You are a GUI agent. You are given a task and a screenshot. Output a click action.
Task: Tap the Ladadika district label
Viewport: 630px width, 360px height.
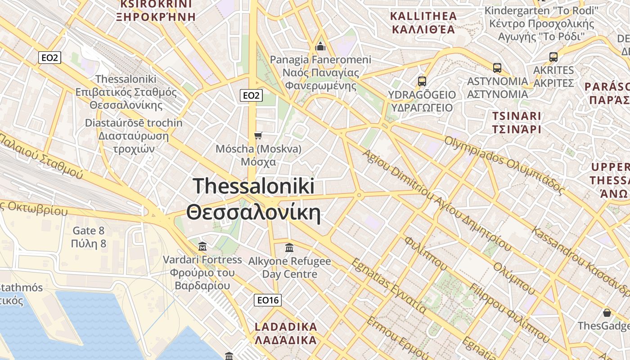(x=286, y=333)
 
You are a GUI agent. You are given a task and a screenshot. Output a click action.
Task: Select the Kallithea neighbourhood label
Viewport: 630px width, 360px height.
(x=423, y=23)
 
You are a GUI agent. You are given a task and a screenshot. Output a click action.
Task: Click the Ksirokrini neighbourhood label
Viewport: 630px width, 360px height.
(x=156, y=10)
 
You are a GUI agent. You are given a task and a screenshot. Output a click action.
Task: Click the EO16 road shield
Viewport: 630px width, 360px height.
(x=268, y=300)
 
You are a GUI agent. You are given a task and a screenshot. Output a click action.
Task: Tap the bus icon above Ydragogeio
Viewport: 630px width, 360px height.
(x=422, y=81)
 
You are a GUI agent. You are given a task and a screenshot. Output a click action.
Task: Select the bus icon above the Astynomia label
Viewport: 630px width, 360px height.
(x=497, y=68)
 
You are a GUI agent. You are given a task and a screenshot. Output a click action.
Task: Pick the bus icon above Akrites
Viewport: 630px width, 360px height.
(x=553, y=57)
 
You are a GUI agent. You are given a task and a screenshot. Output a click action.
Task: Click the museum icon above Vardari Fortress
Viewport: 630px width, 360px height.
(x=202, y=246)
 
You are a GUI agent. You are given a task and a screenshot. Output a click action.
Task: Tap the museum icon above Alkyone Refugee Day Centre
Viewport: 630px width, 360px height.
(x=289, y=247)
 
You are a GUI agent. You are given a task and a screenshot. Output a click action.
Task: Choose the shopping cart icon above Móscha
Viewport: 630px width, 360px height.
(x=258, y=135)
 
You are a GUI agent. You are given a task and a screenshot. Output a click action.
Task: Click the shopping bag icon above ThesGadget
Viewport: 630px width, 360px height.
(x=607, y=313)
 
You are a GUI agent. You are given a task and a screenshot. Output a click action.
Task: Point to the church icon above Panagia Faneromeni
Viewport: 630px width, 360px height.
(x=320, y=46)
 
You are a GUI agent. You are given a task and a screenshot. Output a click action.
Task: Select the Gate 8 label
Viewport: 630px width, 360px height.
(x=89, y=237)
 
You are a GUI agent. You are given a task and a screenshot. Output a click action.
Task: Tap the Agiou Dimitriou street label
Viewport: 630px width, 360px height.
(x=436, y=200)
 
